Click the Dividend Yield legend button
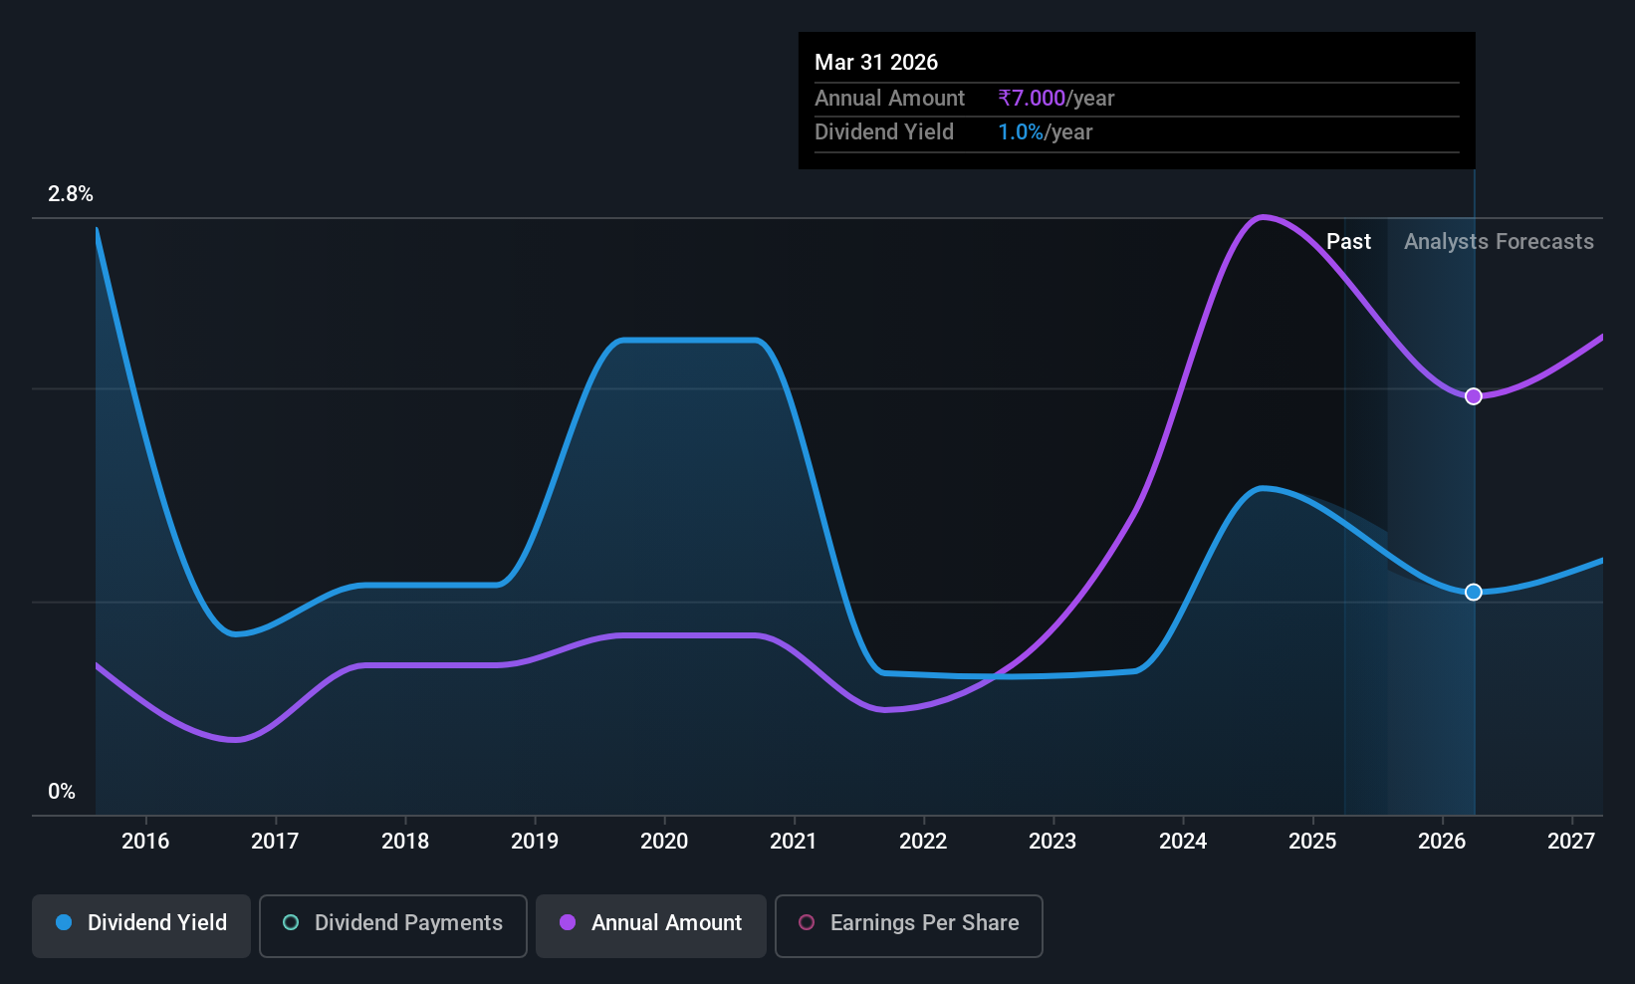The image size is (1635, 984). pos(140,925)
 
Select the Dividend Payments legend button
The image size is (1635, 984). pos(392,925)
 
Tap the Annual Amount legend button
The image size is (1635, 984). pos(651,925)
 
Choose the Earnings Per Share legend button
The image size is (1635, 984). pos(909,925)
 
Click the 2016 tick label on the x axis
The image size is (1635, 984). pos(145,841)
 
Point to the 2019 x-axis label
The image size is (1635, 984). pos(535,841)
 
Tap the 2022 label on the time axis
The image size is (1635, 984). pos(923,841)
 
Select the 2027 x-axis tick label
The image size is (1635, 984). pos(1571,841)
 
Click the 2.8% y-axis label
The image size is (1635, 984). pos(70,194)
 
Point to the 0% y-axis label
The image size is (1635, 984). pos(62,792)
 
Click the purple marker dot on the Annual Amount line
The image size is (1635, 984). pos(1474,396)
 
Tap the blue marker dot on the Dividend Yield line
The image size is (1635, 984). pos(1474,592)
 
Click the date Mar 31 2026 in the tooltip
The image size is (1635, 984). pos(876,62)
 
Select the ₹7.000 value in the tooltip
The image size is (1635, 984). pos(1032,98)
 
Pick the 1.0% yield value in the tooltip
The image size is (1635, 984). pos(1021,132)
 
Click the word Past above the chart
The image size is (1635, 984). pos(1348,242)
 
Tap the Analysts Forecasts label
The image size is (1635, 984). pos(1499,242)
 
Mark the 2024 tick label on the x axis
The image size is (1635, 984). pos(1183,841)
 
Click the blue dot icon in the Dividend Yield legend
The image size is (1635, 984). pos(65,922)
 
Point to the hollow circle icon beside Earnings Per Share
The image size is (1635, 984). pos(807,922)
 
